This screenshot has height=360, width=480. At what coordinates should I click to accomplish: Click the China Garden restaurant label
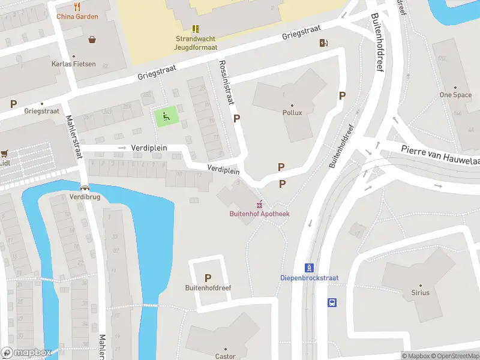tap(77, 16)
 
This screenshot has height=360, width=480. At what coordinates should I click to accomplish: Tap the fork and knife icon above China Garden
tap(77, 7)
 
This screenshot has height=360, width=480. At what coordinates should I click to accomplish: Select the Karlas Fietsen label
tap(73, 64)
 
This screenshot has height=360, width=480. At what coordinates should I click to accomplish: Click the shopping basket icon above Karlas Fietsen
tap(92, 40)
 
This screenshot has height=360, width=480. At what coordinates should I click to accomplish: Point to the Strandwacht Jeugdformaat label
tap(196, 43)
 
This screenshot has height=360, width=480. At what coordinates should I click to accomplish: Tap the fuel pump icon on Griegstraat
tap(324, 42)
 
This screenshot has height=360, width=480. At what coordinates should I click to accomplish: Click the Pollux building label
tap(292, 112)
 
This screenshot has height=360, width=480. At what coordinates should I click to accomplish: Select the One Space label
tap(455, 95)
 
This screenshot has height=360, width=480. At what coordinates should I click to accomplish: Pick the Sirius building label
tap(420, 293)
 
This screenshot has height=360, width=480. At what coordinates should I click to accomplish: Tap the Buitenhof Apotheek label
tap(259, 214)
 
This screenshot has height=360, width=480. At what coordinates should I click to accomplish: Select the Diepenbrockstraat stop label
tap(309, 278)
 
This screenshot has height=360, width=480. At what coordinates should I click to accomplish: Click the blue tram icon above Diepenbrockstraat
tap(309, 268)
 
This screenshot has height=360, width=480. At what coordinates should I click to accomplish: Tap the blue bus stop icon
tap(332, 303)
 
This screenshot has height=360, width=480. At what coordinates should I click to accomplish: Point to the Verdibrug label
tap(84, 196)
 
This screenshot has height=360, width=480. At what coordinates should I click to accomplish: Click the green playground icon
tap(166, 116)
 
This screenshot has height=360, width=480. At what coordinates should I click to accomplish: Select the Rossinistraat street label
tap(225, 83)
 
